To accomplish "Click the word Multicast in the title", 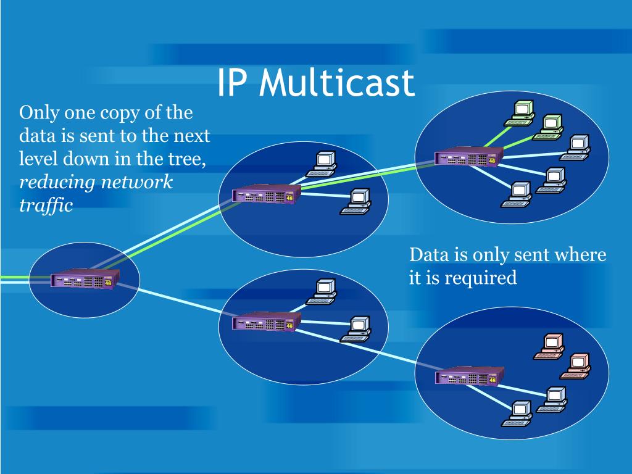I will pos(336,83).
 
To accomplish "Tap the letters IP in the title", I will pos(233,83).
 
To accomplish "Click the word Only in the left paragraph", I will pos(38,113).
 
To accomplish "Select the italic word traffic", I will pos(46,205).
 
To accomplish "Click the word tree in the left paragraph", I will pos(185,159).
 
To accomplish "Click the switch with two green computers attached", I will pos(467,158).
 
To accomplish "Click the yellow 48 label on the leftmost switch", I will pos(109,283).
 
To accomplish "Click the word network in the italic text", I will pos(136,182).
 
